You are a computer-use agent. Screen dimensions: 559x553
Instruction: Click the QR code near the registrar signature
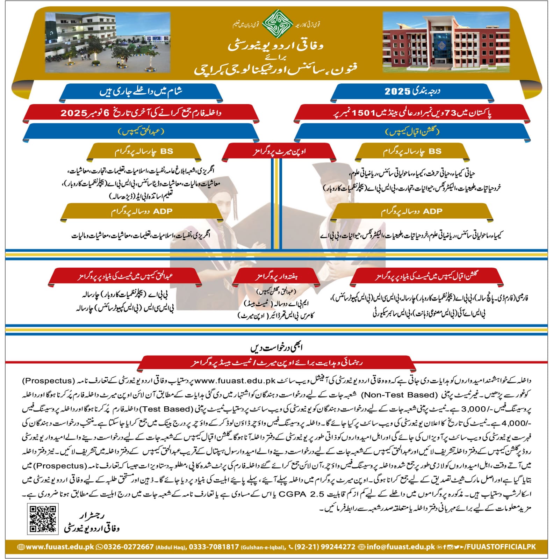[x=42, y=518]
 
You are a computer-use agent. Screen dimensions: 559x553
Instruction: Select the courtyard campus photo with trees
[x=107, y=42]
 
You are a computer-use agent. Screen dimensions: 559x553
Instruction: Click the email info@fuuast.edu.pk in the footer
[x=401, y=547]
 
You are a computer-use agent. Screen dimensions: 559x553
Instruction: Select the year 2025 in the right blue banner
[x=397, y=92]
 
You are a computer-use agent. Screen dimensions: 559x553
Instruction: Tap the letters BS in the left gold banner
[x=167, y=152]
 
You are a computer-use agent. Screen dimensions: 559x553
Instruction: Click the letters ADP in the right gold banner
[x=432, y=211]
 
